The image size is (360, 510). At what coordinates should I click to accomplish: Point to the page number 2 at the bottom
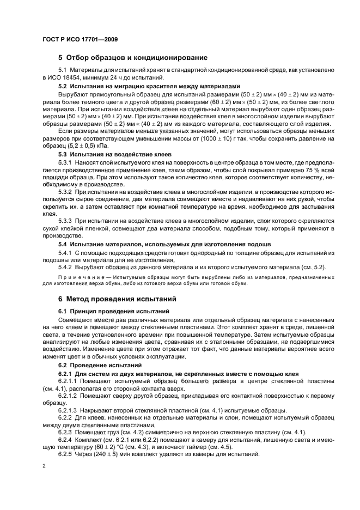[44, 466]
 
